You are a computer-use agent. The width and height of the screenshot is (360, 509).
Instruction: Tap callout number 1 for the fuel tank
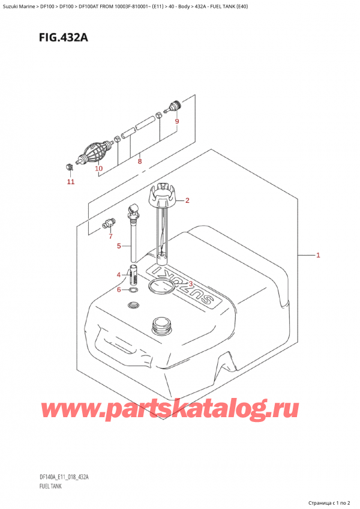pos(318,255)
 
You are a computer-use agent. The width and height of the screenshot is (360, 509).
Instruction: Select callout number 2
pos(187,200)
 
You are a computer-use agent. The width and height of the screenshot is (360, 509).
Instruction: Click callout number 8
pos(139,161)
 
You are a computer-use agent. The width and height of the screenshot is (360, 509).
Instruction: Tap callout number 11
pos(71,181)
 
